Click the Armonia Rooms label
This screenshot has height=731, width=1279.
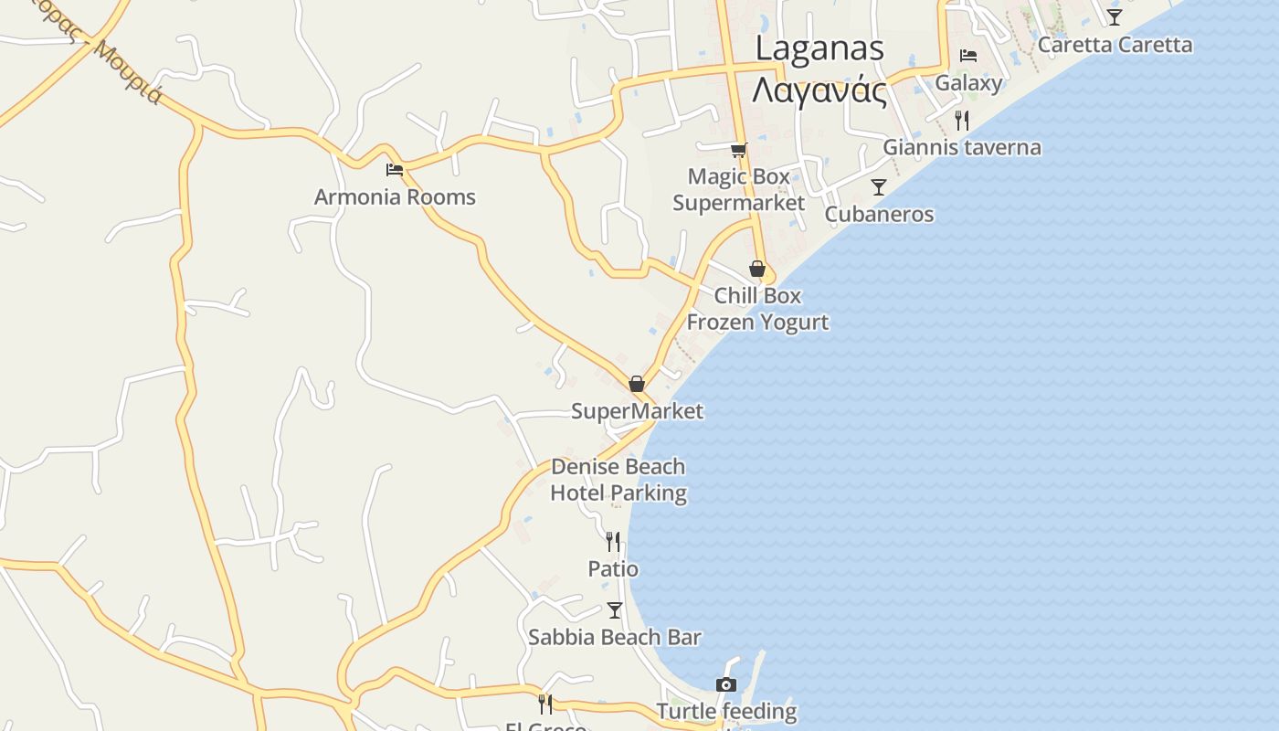coord(395,197)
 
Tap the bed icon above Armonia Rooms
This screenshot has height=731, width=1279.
coord(395,170)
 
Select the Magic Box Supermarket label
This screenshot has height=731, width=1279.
coord(738,189)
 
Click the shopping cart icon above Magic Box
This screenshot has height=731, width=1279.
coord(738,150)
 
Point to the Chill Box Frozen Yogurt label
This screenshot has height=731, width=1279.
coord(757,309)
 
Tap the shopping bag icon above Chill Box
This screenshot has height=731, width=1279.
coord(757,269)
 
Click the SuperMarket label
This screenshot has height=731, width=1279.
coord(637,411)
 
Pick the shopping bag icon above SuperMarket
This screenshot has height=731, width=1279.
coord(637,384)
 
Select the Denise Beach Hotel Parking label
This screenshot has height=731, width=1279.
coord(618,480)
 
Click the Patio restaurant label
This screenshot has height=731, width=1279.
coord(613,569)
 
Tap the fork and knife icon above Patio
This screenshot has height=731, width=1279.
coord(613,542)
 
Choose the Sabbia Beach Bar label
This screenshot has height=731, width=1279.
coord(615,638)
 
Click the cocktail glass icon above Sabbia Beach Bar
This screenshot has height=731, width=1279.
coord(615,609)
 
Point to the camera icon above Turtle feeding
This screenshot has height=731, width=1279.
coord(726,684)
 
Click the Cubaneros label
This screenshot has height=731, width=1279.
coord(879,215)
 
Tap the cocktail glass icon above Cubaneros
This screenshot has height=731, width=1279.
coord(879,187)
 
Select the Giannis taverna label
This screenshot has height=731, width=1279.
coord(961,147)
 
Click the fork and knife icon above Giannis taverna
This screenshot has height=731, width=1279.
coord(961,120)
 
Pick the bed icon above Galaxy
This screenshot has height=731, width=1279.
coord(968,56)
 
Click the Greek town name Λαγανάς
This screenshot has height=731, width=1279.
coord(819,91)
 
